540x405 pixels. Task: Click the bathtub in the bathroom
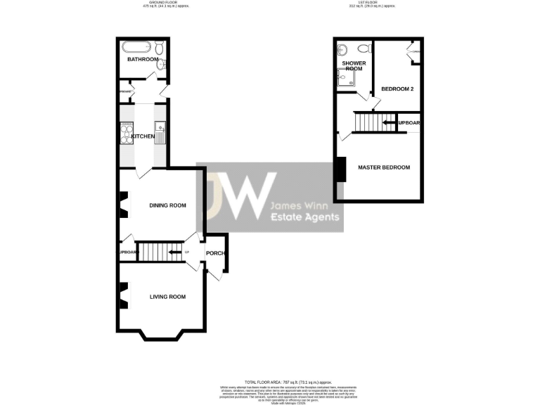(x=136, y=49)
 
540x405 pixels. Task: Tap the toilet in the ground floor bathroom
(x=160, y=48)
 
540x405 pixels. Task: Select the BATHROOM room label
(x=143, y=60)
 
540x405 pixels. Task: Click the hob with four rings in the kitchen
(x=127, y=131)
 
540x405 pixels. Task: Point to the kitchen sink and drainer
(x=160, y=131)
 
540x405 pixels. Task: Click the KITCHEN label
(x=143, y=136)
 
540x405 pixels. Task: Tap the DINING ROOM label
(x=167, y=205)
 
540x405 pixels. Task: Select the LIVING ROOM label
(x=167, y=297)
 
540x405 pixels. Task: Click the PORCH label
(x=214, y=253)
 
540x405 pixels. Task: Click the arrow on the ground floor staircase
(x=172, y=251)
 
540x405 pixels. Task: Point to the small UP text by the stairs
(x=186, y=252)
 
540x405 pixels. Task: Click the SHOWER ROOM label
(x=353, y=66)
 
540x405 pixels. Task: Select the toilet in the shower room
(x=364, y=49)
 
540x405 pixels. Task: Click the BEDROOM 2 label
(x=397, y=89)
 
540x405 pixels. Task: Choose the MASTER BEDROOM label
(x=383, y=167)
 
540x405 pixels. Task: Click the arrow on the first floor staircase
(x=388, y=123)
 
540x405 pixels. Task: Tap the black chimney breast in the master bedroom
(x=341, y=169)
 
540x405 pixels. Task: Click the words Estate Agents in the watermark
(x=305, y=218)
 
